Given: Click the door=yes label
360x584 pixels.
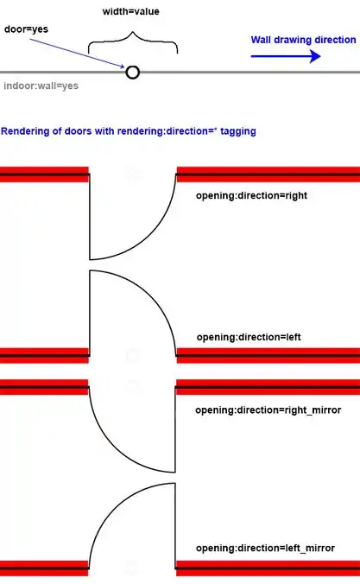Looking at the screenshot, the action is [x=26, y=29].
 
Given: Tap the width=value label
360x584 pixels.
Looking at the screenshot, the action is [x=131, y=11].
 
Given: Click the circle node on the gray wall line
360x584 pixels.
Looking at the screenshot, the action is [x=133, y=73].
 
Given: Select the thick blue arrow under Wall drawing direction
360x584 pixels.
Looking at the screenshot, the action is [x=286, y=56].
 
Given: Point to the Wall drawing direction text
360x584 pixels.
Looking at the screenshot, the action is [x=303, y=40].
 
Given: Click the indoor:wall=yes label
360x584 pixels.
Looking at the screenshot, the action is [x=41, y=86].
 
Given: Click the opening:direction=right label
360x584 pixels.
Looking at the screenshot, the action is [x=252, y=195].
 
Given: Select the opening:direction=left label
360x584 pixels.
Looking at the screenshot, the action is [x=249, y=337].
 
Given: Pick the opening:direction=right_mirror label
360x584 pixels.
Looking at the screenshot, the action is [x=268, y=410].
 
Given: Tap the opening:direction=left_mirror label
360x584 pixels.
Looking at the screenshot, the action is [x=265, y=548].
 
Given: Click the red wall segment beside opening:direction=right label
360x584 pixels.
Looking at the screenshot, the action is [x=268, y=175].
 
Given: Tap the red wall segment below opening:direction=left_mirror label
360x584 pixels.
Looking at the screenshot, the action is [x=268, y=568].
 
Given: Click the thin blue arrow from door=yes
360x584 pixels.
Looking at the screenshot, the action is [x=78, y=54].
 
